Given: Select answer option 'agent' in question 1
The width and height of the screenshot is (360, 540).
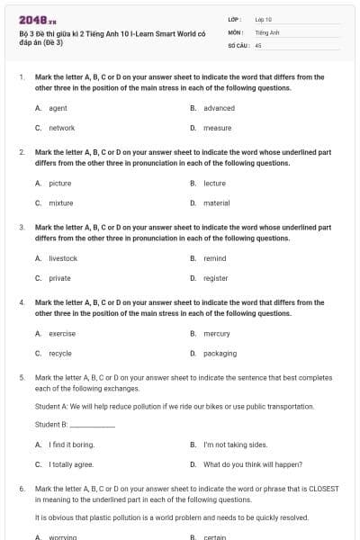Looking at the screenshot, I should pos(58,108).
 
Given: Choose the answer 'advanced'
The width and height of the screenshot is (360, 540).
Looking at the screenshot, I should pos(219,108).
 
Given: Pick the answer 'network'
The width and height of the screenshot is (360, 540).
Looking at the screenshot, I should pos(61,128).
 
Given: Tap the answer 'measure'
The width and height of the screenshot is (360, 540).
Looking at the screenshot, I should pos(217,128).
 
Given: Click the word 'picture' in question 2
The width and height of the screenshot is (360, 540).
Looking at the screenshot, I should pos(59,183).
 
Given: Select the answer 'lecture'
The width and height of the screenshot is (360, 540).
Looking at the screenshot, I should pos(214,183).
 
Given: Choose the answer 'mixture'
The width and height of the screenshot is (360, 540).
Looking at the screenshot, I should pos(60,202).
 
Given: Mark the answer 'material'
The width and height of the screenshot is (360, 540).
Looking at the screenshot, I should pos(216,202).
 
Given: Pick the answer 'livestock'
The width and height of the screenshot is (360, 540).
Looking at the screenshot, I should pos(63,258).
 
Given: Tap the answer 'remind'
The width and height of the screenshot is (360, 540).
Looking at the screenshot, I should pos(214,258).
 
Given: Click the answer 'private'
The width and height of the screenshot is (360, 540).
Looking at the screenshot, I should pos(59,278).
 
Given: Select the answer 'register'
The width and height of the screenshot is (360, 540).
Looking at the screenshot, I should pos(215,278).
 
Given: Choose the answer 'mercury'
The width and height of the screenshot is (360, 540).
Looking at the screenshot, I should pos(216,333).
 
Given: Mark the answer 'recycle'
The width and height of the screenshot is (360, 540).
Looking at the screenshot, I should pos(60,353).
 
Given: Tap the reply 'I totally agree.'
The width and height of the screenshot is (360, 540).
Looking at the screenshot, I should pos(71,463).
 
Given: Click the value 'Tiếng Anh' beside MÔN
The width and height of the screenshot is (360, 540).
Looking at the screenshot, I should pos(267,31).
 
